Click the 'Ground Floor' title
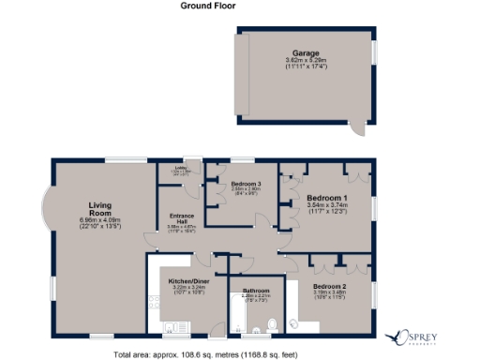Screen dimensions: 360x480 (208, 6)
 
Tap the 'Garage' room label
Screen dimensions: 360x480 (303, 54)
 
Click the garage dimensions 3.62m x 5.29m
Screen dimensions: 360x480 (303, 62)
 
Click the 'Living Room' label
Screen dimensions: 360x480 (100, 209)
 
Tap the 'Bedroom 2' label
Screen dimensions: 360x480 (330, 285)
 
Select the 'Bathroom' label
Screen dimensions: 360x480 (257, 291)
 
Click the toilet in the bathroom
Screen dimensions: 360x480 (271, 325)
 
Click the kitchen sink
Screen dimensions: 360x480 (174, 326)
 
